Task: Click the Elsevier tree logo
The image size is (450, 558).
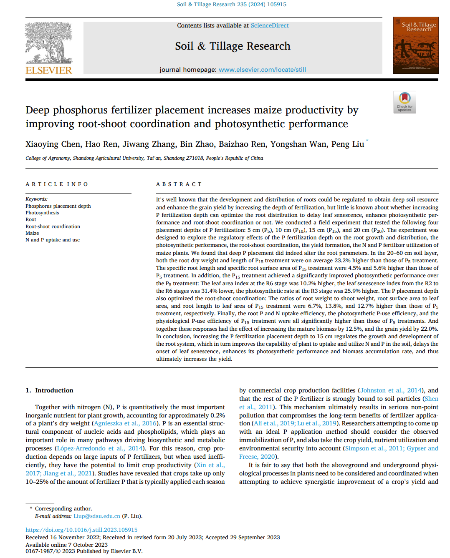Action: click(x=48, y=43)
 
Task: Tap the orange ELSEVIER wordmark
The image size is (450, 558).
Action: click(x=49, y=70)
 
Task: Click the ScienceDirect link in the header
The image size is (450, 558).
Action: click(x=270, y=25)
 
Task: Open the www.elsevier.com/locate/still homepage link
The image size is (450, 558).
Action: click(x=262, y=70)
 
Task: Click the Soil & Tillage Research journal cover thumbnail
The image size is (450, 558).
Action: click(x=415, y=45)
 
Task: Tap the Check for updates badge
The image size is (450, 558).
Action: click(x=404, y=102)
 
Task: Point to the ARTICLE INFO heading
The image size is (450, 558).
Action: click(x=57, y=184)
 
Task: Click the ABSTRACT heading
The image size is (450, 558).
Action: click(x=179, y=184)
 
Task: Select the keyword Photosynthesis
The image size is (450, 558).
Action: click(x=42, y=213)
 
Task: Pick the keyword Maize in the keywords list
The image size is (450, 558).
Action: click(x=32, y=233)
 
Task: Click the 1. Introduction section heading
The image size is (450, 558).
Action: click(x=49, y=390)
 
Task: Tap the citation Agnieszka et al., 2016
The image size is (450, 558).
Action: click(x=125, y=423)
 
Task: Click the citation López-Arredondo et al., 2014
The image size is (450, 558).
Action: click(x=100, y=448)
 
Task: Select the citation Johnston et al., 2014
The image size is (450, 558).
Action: click(x=391, y=390)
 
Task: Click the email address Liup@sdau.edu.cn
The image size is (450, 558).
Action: click(x=97, y=516)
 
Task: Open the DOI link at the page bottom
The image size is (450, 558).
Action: click(x=81, y=530)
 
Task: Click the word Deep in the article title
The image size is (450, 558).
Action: click(x=38, y=110)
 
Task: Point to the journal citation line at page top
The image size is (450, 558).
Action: click(x=232, y=5)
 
